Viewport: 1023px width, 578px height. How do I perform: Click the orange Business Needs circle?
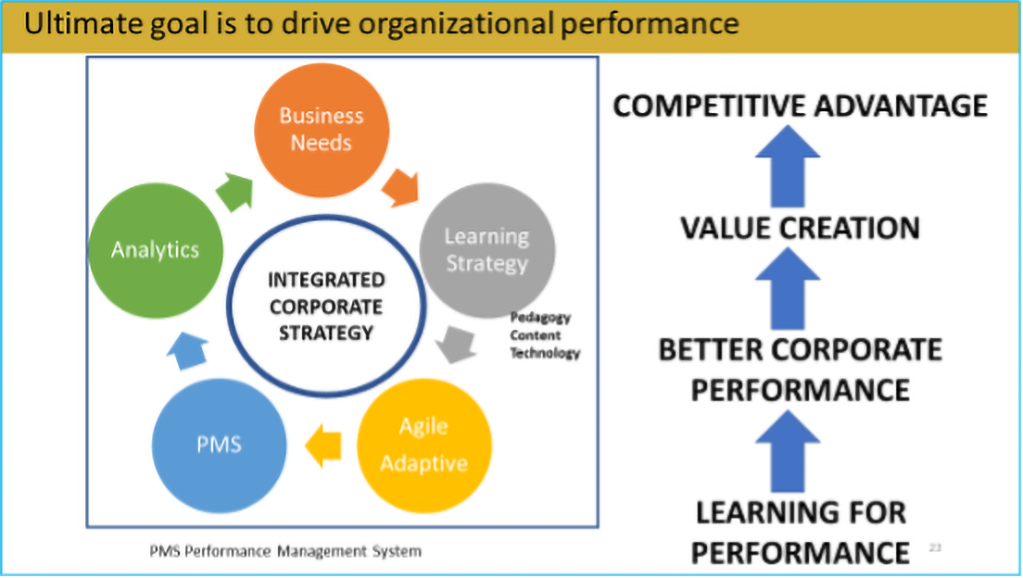pyautogui.click(x=322, y=131)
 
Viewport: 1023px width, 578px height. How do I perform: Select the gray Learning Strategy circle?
pyautogui.click(x=486, y=250)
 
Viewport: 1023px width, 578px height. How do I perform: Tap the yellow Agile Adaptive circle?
pyautogui.click(x=424, y=446)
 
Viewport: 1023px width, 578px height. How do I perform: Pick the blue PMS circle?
pyautogui.click(x=220, y=446)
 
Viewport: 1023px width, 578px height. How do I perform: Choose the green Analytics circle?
pyautogui.click(x=156, y=250)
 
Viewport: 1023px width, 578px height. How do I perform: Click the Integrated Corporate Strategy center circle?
pyautogui.click(x=326, y=306)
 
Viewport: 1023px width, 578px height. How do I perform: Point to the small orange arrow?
pyautogui.click(x=400, y=188)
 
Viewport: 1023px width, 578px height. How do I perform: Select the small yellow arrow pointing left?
pyautogui.click(x=323, y=446)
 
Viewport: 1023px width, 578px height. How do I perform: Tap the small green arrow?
pyautogui.click(x=234, y=192)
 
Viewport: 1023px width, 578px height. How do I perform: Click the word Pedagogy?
pyautogui.click(x=540, y=318)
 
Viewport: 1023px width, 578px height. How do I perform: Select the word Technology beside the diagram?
pyautogui.click(x=545, y=353)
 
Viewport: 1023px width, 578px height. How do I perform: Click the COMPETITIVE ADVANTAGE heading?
pyautogui.click(x=801, y=106)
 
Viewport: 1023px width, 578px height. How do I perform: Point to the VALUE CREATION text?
pyautogui.click(x=801, y=229)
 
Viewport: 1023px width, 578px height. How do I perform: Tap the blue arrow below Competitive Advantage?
pyautogui.click(x=788, y=167)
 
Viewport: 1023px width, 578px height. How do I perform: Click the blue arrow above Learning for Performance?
pyautogui.click(x=788, y=451)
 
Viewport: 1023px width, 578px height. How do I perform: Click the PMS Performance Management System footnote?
pyautogui.click(x=285, y=552)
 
